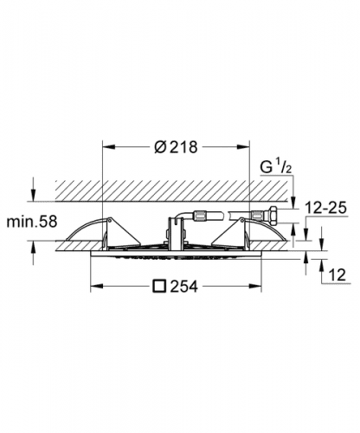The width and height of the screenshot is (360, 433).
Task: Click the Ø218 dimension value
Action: pyautogui.click(x=177, y=147)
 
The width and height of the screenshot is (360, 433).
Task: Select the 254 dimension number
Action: pyautogui.click(x=184, y=287)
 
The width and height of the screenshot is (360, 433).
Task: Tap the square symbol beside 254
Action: pyautogui.click(x=160, y=287)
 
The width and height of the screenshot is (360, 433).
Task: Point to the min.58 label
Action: pyautogui.click(x=32, y=222)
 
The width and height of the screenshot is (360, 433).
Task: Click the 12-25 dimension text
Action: pyautogui.click(x=326, y=208)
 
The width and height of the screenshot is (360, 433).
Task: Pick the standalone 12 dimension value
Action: pyautogui.click(x=337, y=275)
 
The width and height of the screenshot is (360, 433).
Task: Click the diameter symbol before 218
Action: pyautogui.click(x=161, y=147)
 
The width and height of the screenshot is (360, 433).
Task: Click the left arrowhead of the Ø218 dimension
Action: pyautogui.click(x=109, y=147)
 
